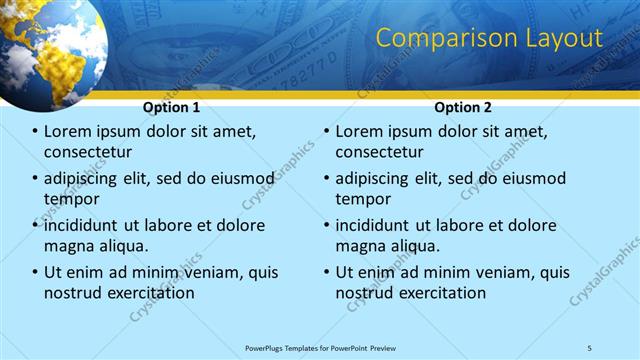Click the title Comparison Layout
pyautogui.click(x=489, y=39)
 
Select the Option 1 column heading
pyautogui.click(x=171, y=107)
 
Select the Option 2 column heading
pyautogui.click(x=462, y=107)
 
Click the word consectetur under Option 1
pyautogui.click(x=88, y=153)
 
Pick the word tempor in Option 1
pyautogui.click(x=72, y=199)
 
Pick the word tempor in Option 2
pyautogui.click(x=363, y=199)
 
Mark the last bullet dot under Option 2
pyautogui.click(x=326, y=273)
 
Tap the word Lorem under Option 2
pyautogui.click(x=357, y=132)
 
